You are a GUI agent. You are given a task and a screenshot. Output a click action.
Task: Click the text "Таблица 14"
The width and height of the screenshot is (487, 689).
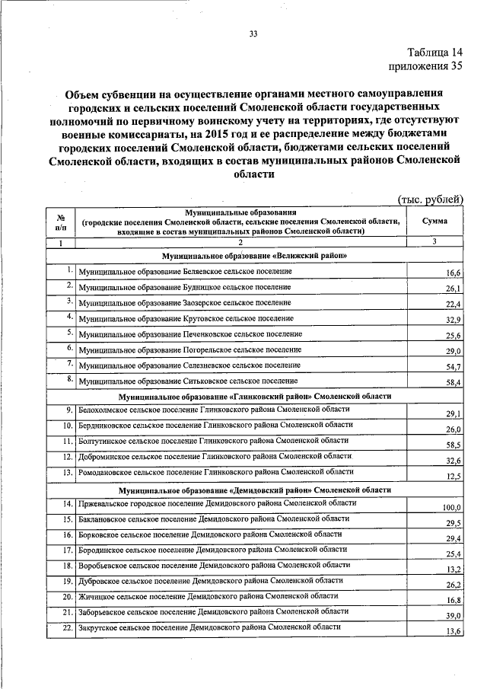click(434, 53)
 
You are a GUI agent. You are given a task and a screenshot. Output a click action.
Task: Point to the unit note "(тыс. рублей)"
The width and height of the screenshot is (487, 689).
click(431, 199)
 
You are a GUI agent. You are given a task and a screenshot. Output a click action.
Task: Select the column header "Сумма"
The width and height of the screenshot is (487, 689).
click(434, 221)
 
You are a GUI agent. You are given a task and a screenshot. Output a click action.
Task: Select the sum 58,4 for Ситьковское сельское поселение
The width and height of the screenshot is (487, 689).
click(454, 382)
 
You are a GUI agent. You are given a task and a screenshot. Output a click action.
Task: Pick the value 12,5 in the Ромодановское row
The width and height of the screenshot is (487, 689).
click(454, 477)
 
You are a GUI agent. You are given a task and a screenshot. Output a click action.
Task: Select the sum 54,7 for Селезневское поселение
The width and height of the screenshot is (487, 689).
click(454, 367)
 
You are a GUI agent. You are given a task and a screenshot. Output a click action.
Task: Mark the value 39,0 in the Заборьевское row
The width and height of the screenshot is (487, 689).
click(454, 617)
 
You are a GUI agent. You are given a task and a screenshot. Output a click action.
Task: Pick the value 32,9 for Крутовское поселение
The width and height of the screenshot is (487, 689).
click(454, 320)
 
